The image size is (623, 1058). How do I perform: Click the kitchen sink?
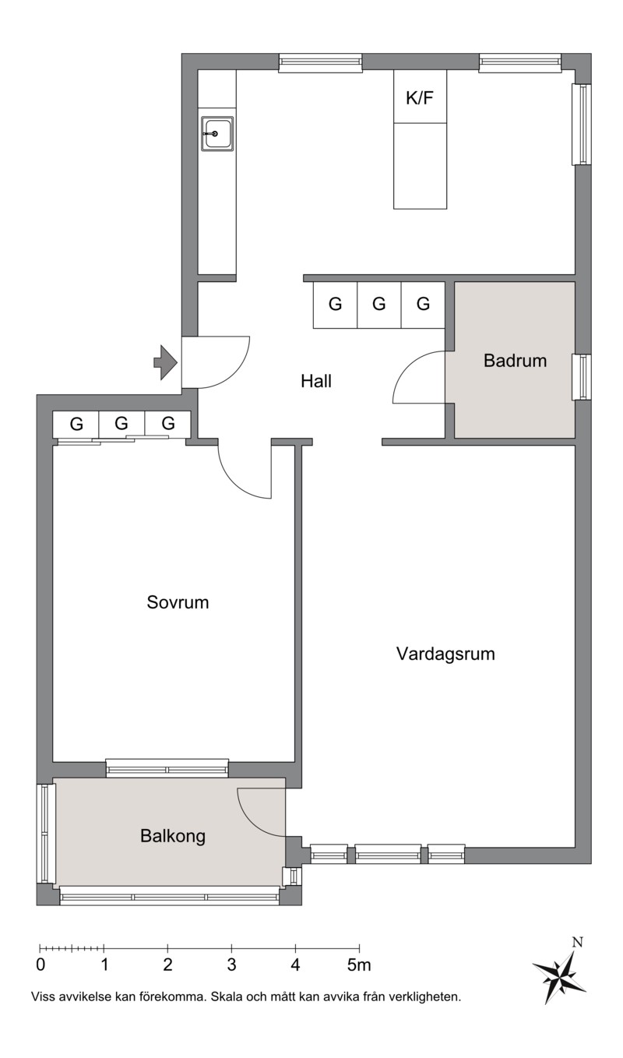pos(217,134)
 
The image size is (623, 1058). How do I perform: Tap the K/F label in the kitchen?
pos(420,98)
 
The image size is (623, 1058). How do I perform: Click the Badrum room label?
pos(515,361)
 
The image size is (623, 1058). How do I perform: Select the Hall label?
pos(316,381)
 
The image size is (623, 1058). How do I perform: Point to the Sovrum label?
pos(178,603)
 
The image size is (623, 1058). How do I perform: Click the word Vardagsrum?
pos(445,654)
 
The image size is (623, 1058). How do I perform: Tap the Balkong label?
pos(173,837)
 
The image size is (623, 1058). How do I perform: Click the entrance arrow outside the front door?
pos(165,362)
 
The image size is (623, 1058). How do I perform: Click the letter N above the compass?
pos(577,943)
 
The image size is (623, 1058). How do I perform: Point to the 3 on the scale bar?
pos(231,965)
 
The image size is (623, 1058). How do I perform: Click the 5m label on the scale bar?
pos(359,965)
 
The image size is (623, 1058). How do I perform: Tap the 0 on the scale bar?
pos(40,965)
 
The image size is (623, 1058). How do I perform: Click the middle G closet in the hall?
pos(379,305)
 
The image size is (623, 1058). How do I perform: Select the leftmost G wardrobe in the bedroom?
pos(76,425)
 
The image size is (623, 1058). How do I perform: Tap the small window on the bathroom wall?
pos(583,377)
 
